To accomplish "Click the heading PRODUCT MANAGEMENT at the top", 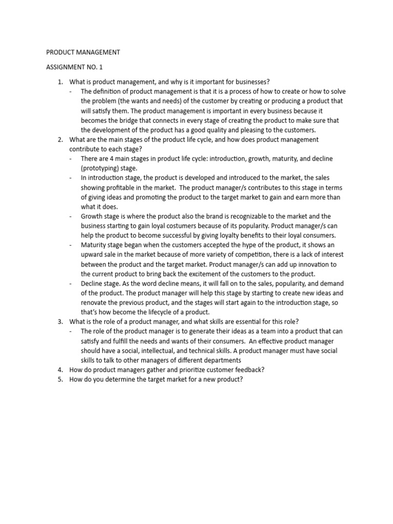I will (x=83, y=52).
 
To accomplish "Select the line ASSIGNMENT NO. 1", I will (x=74, y=67).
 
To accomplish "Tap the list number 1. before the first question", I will (x=59, y=82).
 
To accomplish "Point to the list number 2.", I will (x=59, y=140).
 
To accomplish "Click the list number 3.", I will (x=59, y=322).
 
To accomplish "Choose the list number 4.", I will (x=59, y=369).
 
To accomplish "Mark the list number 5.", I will (x=59, y=379).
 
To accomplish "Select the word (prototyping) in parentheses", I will (x=102, y=168).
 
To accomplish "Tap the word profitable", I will (x=125, y=187).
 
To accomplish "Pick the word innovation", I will (x=315, y=264).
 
